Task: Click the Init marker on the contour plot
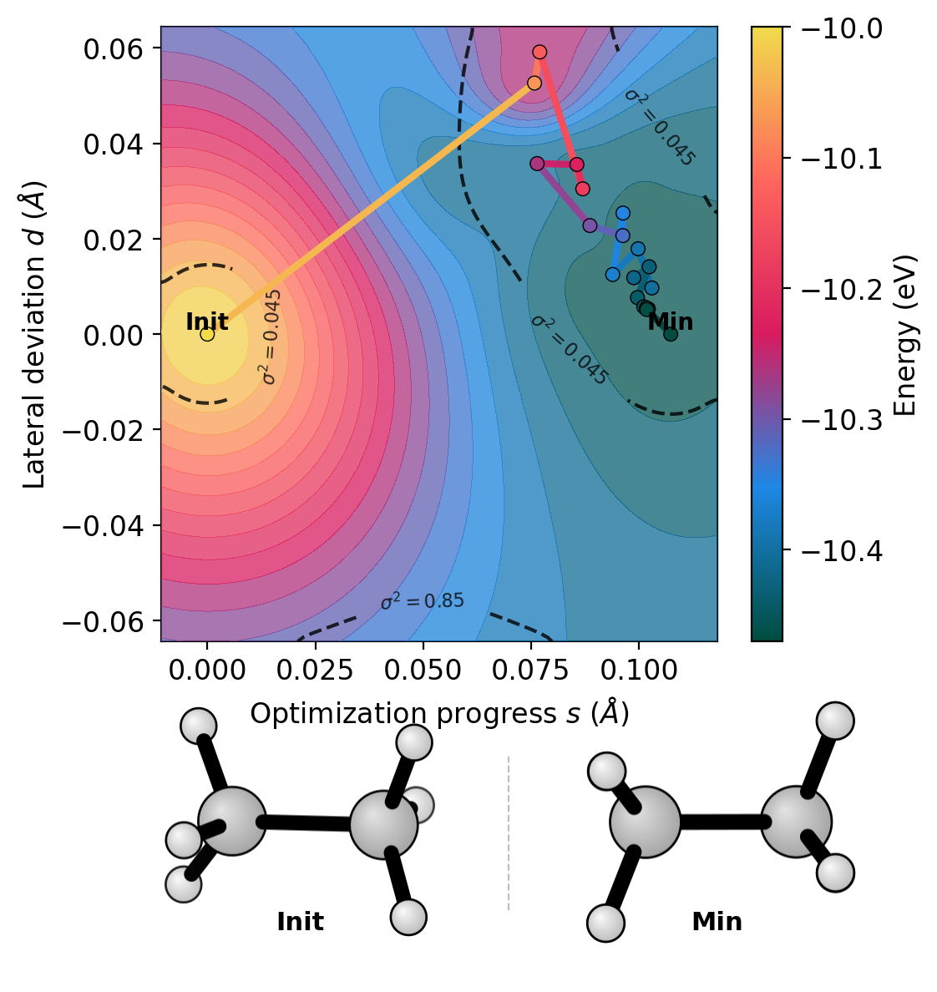tap(207, 334)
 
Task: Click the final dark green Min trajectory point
tap(671, 334)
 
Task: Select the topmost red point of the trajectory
tap(539, 52)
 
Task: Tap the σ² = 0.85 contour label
tap(422, 601)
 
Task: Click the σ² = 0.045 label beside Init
tap(271, 337)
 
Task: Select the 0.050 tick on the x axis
tap(423, 671)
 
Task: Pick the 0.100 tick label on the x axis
tap(639, 671)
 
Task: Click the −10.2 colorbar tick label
tap(841, 289)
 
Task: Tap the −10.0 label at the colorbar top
tap(841, 28)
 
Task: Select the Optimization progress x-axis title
tap(439, 714)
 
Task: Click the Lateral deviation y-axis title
tap(35, 334)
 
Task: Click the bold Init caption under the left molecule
tap(300, 922)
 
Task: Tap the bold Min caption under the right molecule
tap(717, 922)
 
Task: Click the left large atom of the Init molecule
tap(232, 821)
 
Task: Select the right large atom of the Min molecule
tap(796, 822)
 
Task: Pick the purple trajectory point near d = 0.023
tap(590, 225)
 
